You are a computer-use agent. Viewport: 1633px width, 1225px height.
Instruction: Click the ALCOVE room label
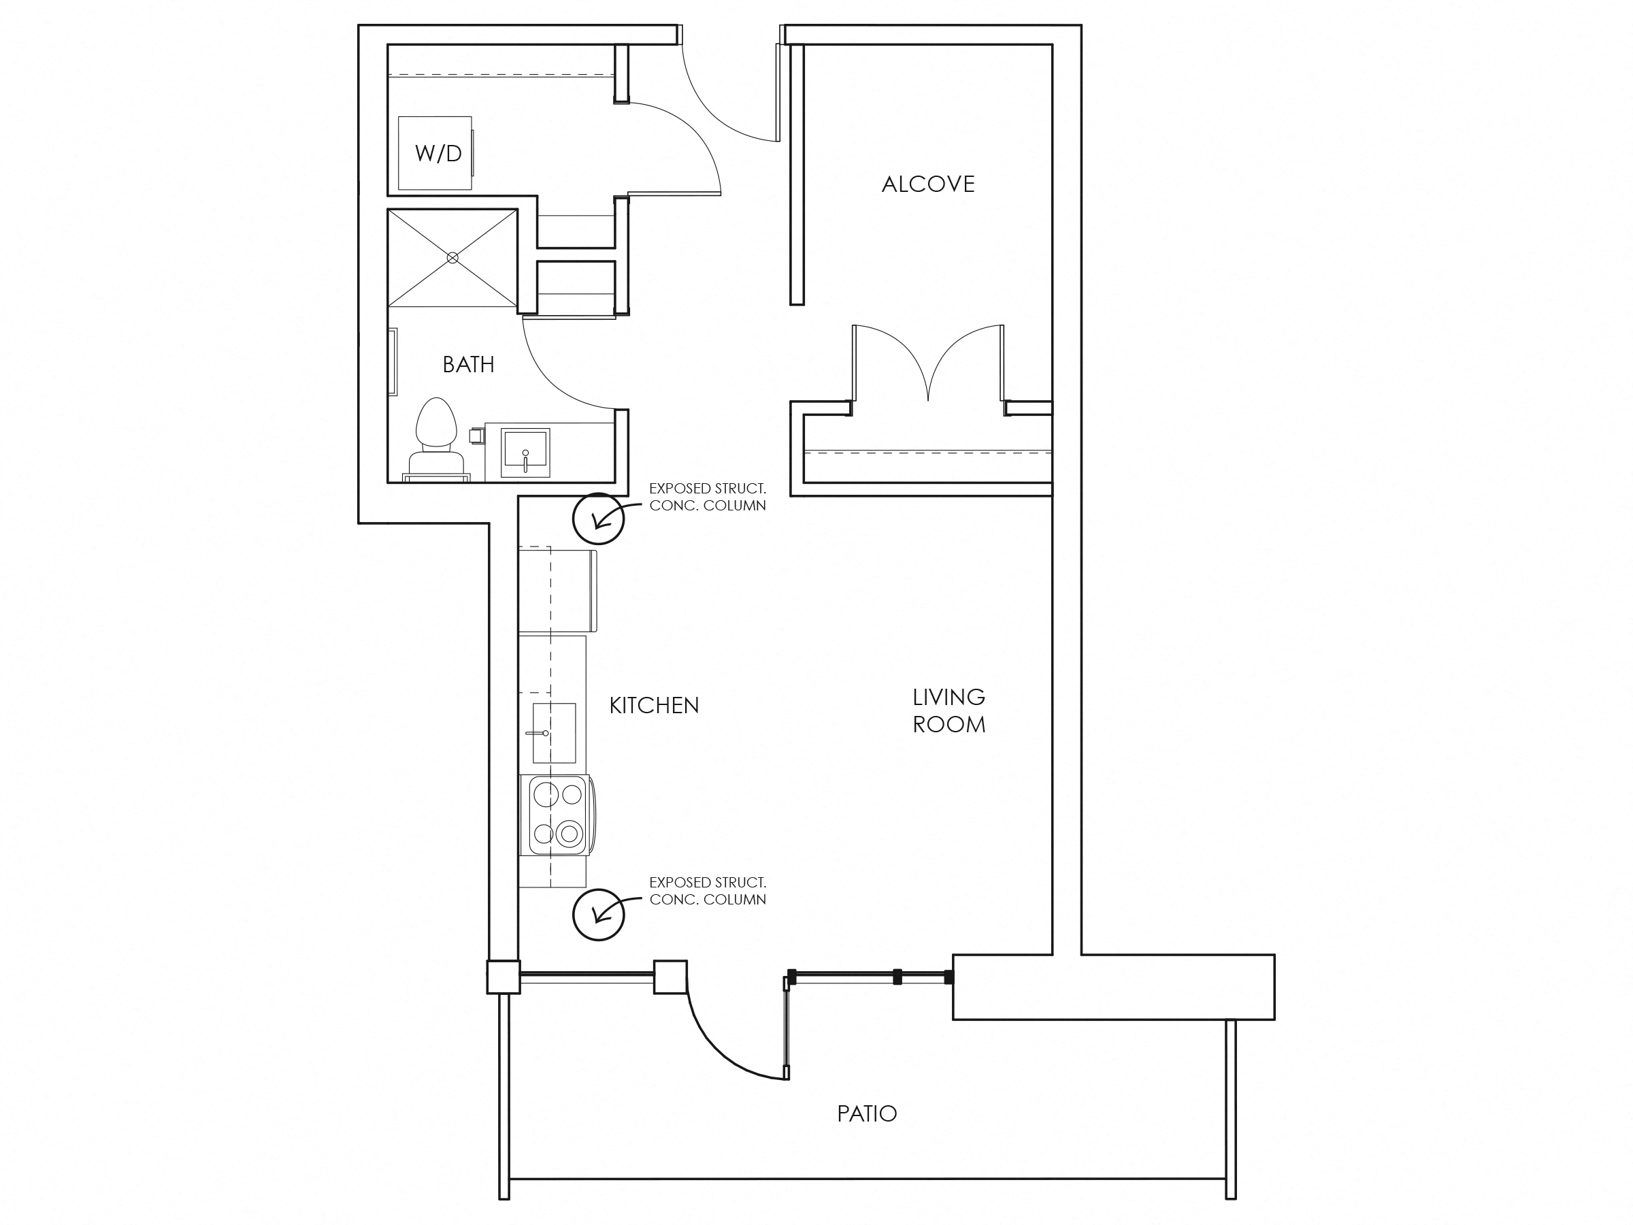[928, 184]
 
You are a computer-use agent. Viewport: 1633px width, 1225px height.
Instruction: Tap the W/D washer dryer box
[435, 153]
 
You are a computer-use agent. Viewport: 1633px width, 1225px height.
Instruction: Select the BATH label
[468, 364]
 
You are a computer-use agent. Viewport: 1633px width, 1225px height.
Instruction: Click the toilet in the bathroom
[435, 440]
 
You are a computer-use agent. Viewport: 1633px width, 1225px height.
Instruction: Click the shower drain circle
[452, 258]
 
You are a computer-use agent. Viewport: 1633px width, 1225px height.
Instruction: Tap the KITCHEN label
[654, 705]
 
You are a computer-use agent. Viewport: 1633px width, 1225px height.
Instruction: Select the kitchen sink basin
[554, 732]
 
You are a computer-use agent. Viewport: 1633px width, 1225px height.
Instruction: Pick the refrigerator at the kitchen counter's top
[557, 590]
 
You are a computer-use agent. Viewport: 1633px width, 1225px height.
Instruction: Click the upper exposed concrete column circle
[598, 519]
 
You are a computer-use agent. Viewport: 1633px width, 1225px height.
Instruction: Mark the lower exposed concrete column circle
[598, 915]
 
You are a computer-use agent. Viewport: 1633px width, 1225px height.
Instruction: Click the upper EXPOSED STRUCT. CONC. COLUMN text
[707, 497]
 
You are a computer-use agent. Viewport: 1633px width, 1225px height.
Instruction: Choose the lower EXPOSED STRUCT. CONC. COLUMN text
[707, 890]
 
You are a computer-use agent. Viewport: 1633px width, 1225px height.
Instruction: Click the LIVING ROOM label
[949, 710]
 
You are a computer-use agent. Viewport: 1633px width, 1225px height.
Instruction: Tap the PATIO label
[867, 1113]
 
